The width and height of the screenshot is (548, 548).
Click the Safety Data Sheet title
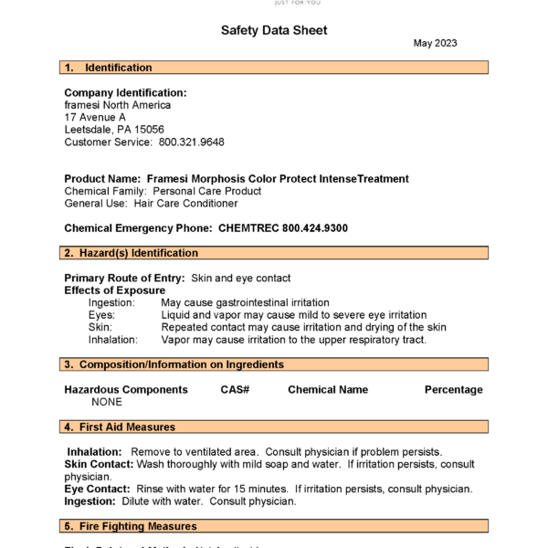[274, 30]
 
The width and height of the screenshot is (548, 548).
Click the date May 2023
[435, 43]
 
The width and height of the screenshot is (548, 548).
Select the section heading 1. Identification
[109, 68]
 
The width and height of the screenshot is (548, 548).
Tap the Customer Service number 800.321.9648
[192, 142]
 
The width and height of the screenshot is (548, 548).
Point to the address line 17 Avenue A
[95, 118]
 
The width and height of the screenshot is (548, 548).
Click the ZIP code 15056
[149, 130]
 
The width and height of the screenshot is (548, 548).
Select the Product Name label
[102, 179]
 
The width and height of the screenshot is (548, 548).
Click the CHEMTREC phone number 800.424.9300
[315, 227]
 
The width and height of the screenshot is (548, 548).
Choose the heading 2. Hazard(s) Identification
[132, 253]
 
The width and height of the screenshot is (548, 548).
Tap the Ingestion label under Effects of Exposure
[111, 302]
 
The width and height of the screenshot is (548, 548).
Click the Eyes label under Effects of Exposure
[101, 315]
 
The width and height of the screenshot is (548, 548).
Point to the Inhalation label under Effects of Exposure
[113, 340]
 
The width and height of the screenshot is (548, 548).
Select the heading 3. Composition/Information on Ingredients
[174, 364]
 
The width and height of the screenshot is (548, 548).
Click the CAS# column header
[235, 390]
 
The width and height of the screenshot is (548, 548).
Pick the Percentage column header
[453, 390]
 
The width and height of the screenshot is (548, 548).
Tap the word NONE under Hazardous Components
[107, 402]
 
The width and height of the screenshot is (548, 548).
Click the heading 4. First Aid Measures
[120, 427]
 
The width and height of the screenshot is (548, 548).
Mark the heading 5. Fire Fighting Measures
[131, 526]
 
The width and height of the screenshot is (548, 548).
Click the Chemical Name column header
[328, 390]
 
